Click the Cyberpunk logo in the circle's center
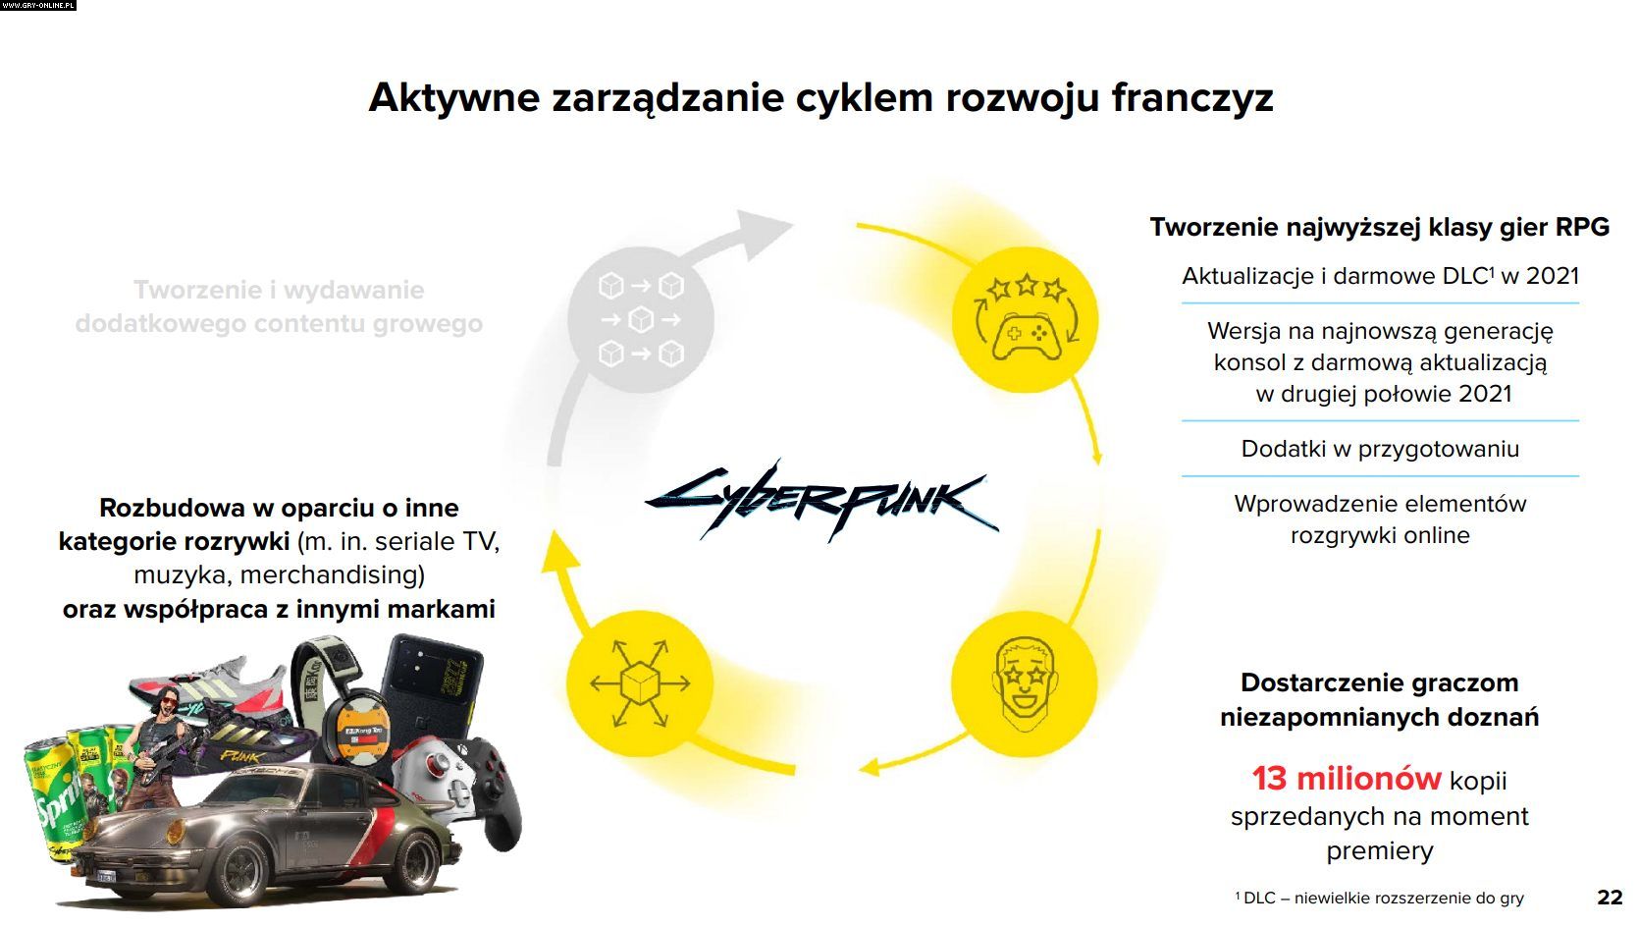(x=821, y=502)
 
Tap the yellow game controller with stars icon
(x=1025, y=319)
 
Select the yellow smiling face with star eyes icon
(x=1025, y=683)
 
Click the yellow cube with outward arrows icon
(x=640, y=683)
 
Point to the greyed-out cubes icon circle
(x=641, y=320)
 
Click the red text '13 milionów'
(x=1347, y=779)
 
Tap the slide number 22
(x=1610, y=897)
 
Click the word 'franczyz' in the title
(x=1192, y=97)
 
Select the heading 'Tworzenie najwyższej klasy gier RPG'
(x=1379, y=227)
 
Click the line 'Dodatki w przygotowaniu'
(x=1380, y=448)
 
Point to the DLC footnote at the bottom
(x=1379, y=898)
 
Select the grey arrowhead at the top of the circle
(x=761, y=233)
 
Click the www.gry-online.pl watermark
(x=38, y=5)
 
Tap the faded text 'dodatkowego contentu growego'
(x=279, y=323)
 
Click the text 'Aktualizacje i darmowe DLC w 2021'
(x=1380, y=276)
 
